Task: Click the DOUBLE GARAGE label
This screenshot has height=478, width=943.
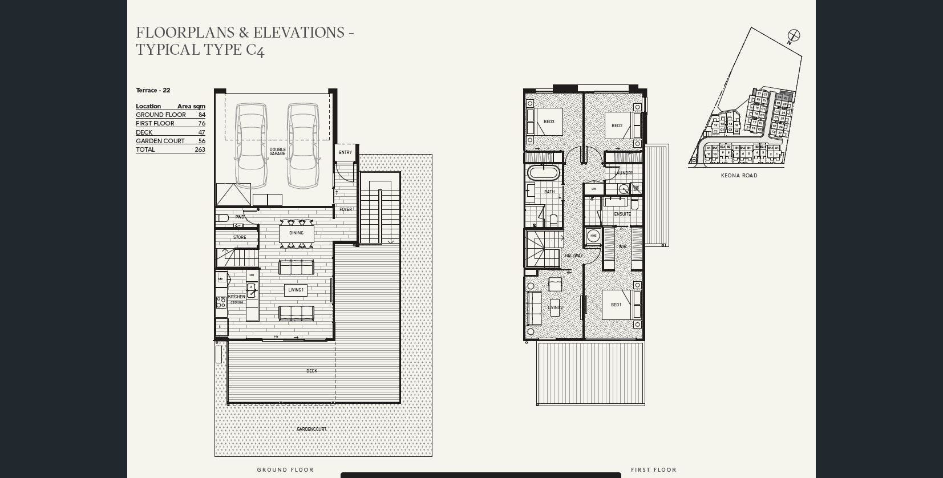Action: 277,152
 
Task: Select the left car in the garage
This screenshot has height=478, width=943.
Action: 252,145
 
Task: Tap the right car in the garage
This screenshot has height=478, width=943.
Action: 303,145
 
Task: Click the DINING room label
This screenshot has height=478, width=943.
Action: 296,233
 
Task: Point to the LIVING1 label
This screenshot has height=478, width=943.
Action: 296,290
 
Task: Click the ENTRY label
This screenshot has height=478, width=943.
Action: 345,152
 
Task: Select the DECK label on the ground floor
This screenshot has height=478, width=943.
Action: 311,371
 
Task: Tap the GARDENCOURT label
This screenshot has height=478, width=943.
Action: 311,429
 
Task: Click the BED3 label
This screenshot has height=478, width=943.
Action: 549,121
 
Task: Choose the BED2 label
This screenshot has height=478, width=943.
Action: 617,125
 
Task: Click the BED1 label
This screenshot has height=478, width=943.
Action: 616,305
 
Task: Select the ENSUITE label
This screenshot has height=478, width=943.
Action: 622,214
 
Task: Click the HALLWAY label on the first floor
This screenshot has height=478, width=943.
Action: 573,256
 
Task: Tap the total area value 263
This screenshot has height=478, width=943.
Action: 200,149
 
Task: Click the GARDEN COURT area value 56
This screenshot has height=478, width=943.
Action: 201,141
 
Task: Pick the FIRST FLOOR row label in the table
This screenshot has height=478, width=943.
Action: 155,123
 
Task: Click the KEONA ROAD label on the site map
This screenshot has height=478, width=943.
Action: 739,176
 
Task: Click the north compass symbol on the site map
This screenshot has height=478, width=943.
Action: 794,35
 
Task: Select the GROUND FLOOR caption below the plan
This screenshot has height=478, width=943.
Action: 285,470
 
